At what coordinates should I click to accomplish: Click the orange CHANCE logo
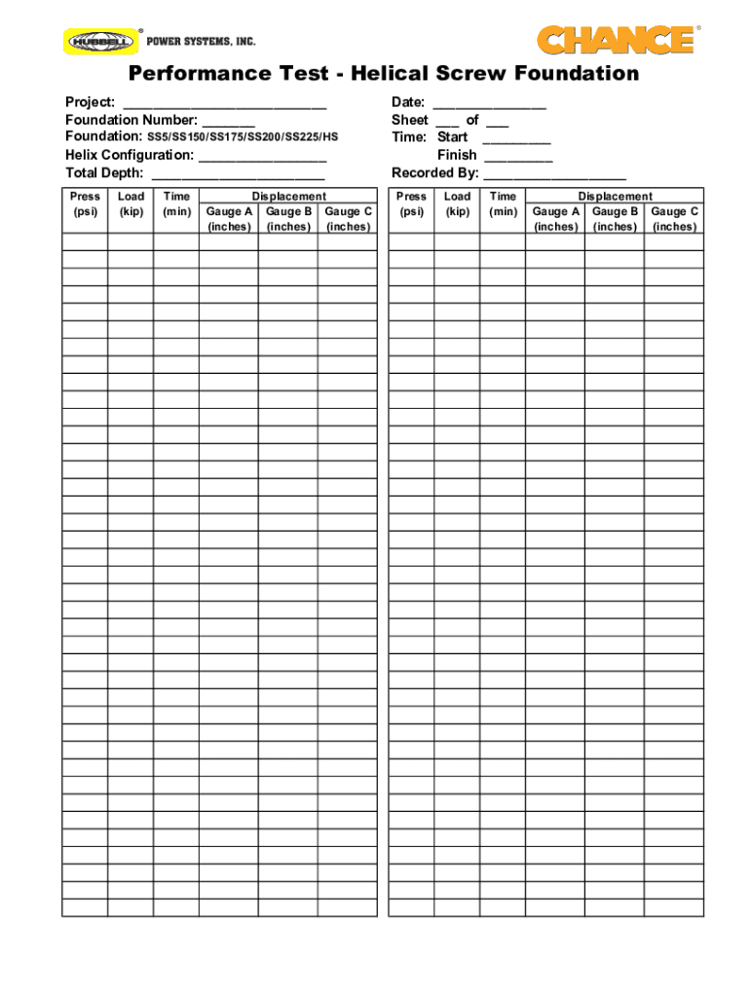pos(616,40)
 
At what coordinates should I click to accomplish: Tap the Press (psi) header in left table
pos(85,203)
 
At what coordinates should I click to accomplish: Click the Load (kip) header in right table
pos(457,203)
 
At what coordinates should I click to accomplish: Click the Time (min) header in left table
pos(176,203)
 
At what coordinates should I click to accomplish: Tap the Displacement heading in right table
pos(615,197)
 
